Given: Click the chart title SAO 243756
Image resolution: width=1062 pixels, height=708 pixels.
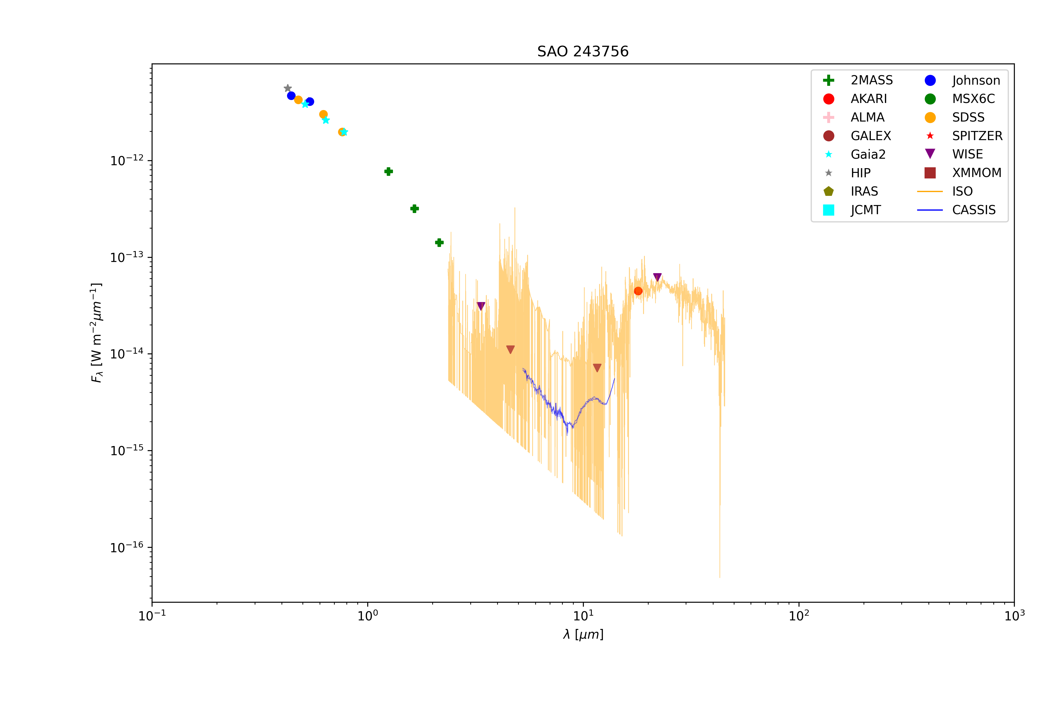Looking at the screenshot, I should click(x=582, y=51).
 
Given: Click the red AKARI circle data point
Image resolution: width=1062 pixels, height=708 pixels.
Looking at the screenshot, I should click(x=638, y=291).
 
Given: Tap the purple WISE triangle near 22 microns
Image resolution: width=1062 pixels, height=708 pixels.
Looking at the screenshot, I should click(x=658, y=277).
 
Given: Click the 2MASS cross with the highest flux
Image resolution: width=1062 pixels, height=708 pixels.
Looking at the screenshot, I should click(x=388, y=172).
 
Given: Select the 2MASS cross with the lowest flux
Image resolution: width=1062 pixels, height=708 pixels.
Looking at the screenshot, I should click(x=439, y=243).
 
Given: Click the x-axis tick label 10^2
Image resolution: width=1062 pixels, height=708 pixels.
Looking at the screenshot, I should click(x=799, y=615).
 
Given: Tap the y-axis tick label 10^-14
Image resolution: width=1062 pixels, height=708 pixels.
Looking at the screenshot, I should click(x=127, y=353).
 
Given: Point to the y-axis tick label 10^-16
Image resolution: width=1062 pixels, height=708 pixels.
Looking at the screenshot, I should click(x=127, y=547).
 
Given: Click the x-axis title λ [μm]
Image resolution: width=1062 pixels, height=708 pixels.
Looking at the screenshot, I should click(x=583, y=635).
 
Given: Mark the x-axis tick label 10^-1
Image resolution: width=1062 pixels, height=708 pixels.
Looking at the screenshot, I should click(x=152, y=615).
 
